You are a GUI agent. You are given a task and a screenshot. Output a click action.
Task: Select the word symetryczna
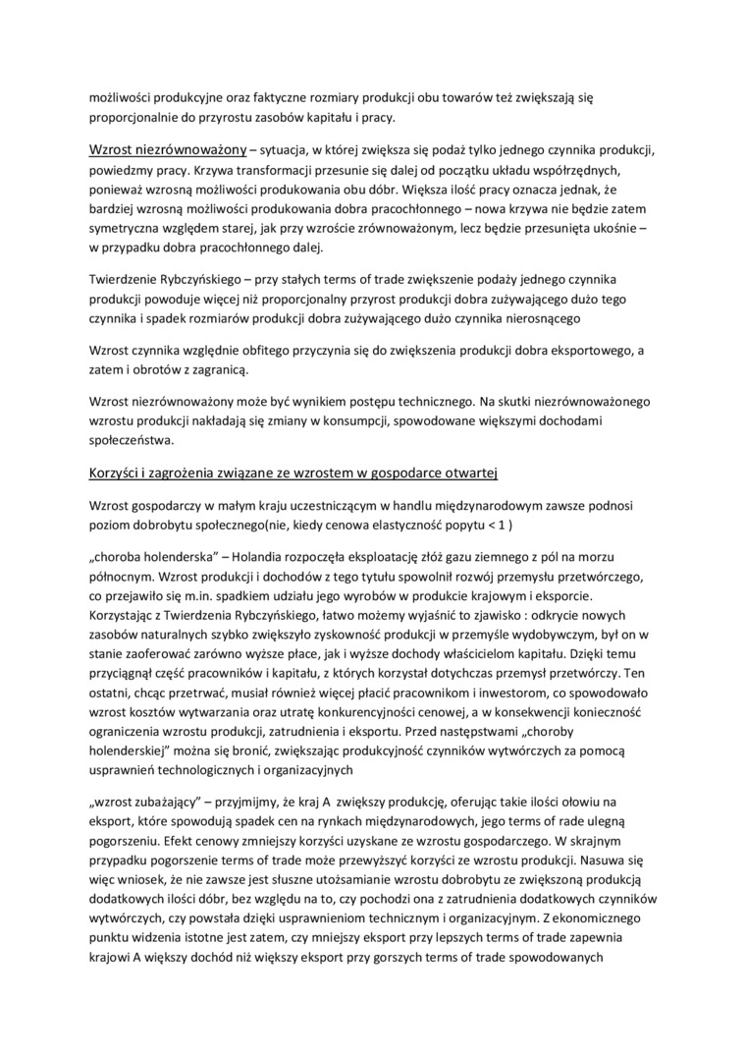tap(132, 229)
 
